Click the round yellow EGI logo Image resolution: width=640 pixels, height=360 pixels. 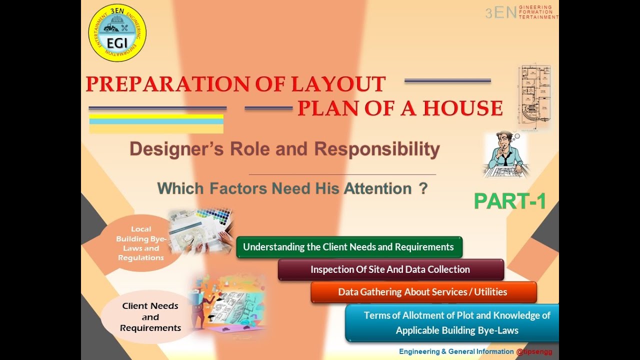pyautogui.click(x=117, y=33)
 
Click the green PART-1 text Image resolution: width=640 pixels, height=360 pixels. pyautogui.click(x=509, y=201)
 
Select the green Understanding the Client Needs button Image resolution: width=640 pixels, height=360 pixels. pyautogui.click(x=348, y=247)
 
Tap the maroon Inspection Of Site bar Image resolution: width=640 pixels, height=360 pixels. pyautogui.click(x=390, y=269)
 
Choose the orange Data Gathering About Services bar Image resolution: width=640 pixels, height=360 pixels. pyautogui.click(x=423, y=292)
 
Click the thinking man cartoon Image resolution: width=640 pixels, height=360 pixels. pyautogui.click(x=505, y=154)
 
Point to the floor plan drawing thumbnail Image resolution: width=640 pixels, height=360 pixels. pyautogui.click(x=534, y=95)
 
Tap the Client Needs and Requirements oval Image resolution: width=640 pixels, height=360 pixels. pyautogui.click(x=150, y=316)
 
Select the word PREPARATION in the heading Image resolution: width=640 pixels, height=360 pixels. pyautogui.click(x=168, y=84)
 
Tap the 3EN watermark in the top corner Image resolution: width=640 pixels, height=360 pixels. pyautogui.click(x=500, y=13)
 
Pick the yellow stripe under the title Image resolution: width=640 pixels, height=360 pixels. pyautogui.click(x=156, y=116)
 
